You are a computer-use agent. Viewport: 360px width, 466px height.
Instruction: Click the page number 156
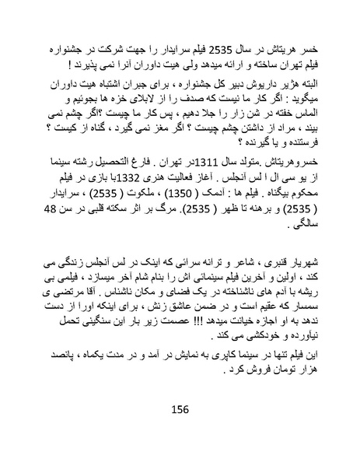pos(180,410)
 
